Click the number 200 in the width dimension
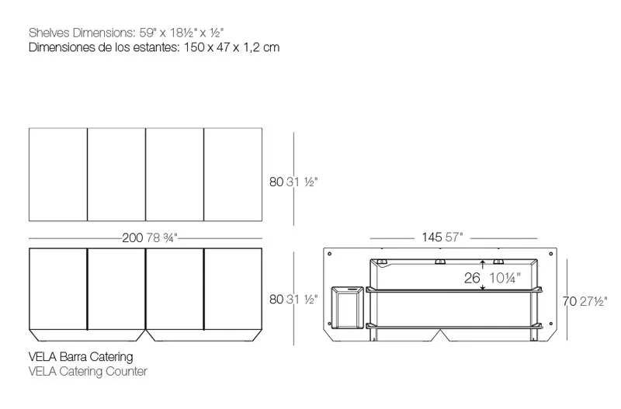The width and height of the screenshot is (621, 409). [x=132, y=238]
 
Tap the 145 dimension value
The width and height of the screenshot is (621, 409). [x=432, y=237]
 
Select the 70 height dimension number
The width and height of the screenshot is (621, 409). [x=570, y=302]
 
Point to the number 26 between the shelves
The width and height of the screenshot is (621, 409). [x=472, y=278]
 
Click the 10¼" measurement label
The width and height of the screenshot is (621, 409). [x=505, y=278]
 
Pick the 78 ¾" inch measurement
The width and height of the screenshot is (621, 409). [x=162, y=238]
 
